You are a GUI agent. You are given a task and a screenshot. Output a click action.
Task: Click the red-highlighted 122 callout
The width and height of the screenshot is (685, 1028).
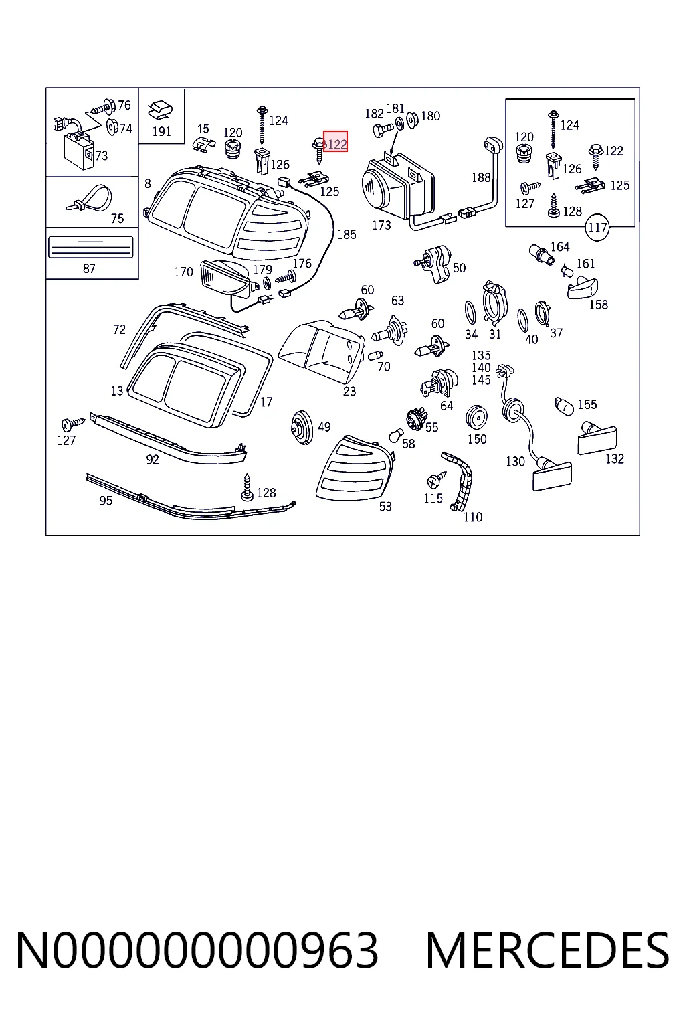tap(335, 141)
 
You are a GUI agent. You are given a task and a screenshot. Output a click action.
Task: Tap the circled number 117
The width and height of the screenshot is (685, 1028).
tap(597, 227)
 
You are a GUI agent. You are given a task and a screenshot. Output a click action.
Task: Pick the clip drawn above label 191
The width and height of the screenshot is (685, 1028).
tap(160, 110)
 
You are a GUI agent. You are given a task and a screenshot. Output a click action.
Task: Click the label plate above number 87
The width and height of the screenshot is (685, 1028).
tap(91, 247)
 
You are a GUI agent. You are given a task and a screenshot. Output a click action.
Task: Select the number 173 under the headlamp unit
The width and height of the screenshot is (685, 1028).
tap(381, 225)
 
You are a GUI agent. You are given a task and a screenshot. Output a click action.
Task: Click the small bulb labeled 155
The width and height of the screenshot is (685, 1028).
tap(565, 405)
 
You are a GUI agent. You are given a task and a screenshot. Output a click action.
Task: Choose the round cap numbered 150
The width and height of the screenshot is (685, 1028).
tap(476, 418)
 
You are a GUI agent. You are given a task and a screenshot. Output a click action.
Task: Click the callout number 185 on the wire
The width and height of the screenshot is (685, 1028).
tap(347, 234)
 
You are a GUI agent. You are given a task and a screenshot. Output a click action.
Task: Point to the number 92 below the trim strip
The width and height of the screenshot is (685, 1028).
tap(152, 459)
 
